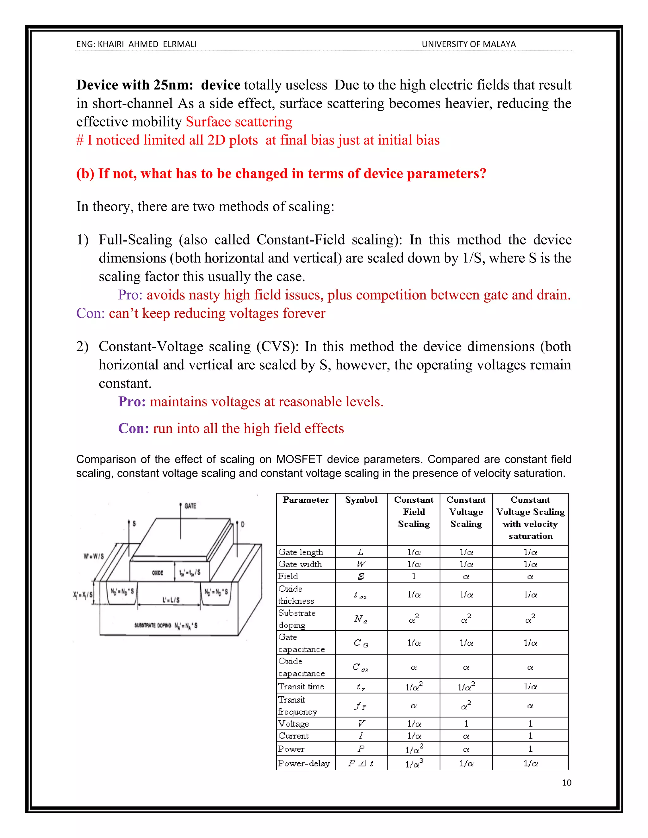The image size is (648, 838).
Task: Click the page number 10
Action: coord(566,783)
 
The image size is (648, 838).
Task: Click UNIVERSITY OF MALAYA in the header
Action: coord(468,44)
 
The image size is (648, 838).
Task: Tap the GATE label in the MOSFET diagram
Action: coord(190,506)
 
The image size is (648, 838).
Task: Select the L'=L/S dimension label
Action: coord(171,600)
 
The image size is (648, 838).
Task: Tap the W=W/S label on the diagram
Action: coord(94,556)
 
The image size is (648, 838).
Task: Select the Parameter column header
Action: coord(306,500)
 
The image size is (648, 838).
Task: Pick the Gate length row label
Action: coord(301,552)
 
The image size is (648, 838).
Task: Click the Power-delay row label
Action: coord(304,764)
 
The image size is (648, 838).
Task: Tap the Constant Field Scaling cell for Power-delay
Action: coord(414,764)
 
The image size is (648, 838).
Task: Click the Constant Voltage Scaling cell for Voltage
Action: coord(466,724)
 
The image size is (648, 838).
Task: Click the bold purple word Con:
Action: coord(133,428)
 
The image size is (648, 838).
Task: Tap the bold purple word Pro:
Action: coord(132,402)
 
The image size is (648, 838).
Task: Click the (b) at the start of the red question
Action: coord(85,174)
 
